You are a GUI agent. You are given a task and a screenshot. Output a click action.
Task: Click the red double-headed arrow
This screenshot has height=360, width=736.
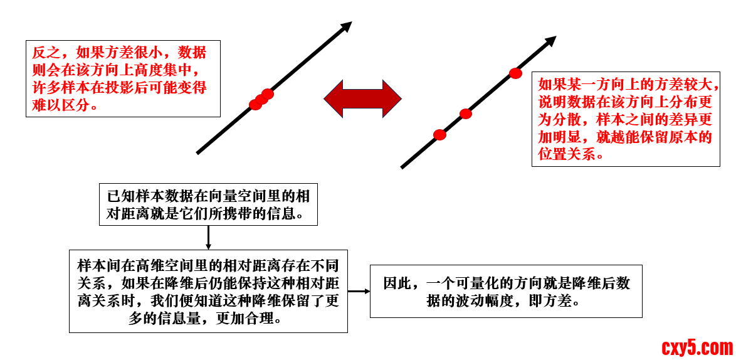point(362,98)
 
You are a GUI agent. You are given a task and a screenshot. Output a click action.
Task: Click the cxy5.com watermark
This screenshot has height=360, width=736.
point(697,347)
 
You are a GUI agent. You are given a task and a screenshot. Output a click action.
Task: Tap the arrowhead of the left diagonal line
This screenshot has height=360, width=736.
point(345,27)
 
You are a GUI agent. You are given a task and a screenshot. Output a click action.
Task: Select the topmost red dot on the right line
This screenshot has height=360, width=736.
point(515,73)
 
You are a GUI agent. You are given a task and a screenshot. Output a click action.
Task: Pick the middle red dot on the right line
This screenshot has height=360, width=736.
point(465,114)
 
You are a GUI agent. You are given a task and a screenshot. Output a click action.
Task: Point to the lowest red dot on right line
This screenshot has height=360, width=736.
point(439,135)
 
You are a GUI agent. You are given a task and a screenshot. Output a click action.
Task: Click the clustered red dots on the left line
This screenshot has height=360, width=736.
point(261,99)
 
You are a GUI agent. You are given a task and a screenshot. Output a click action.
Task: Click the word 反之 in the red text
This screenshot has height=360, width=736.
point(43,53)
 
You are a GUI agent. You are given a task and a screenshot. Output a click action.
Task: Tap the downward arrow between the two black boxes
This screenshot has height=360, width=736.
point(208,238)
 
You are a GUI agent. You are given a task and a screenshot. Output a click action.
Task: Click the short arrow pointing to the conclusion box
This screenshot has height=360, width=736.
point(359,291)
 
